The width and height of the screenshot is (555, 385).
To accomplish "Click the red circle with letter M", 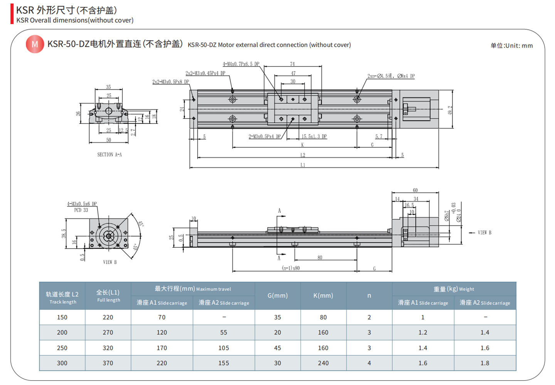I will point(35,44).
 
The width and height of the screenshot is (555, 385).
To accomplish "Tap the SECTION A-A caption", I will point(109,155).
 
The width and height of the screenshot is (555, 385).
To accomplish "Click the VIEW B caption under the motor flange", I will point(110,262).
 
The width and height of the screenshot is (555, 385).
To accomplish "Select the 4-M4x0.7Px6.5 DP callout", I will point(241,64).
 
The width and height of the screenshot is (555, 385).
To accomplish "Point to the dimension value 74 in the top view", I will point(293,64).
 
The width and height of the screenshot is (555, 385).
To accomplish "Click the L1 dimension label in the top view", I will point(303,165).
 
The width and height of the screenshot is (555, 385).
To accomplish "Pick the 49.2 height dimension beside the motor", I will point(450,110).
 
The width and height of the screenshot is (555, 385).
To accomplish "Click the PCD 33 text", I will point(81,210).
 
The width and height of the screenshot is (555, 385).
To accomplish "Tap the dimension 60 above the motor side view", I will point(415,190).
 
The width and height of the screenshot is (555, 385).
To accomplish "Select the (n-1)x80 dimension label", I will point(291,268).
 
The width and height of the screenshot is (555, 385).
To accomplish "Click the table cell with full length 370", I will point(108,363).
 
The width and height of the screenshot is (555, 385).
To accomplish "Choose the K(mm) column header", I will point(323,296).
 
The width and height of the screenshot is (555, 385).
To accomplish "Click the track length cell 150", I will point(62,317).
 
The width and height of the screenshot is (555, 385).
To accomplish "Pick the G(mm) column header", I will point(277,296).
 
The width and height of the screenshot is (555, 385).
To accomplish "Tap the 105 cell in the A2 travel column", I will point(224,348).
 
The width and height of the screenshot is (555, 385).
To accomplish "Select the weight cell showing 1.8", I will point(485,363).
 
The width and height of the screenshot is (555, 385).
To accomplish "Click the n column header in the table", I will point(369,296).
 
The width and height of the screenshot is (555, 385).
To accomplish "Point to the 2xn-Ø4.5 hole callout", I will point(391,76).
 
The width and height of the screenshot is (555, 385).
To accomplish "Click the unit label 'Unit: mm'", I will point(511,46).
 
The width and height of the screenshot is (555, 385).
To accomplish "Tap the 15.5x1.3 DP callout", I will point(314,137).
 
